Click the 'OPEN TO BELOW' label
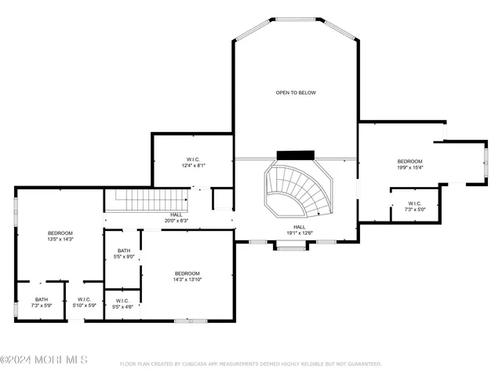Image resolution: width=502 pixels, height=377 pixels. click(x=296, y=93)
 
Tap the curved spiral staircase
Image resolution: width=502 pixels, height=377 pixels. click(x=299, y=191)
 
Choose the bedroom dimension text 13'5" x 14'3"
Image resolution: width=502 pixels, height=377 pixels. click(x=60, y=239)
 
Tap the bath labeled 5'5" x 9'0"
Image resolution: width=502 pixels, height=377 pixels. click(x=124, y=254)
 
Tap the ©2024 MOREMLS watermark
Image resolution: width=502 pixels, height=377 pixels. click(x=44, y=360)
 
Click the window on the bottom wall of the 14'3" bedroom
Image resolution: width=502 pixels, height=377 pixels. click(x=190, y=320)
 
